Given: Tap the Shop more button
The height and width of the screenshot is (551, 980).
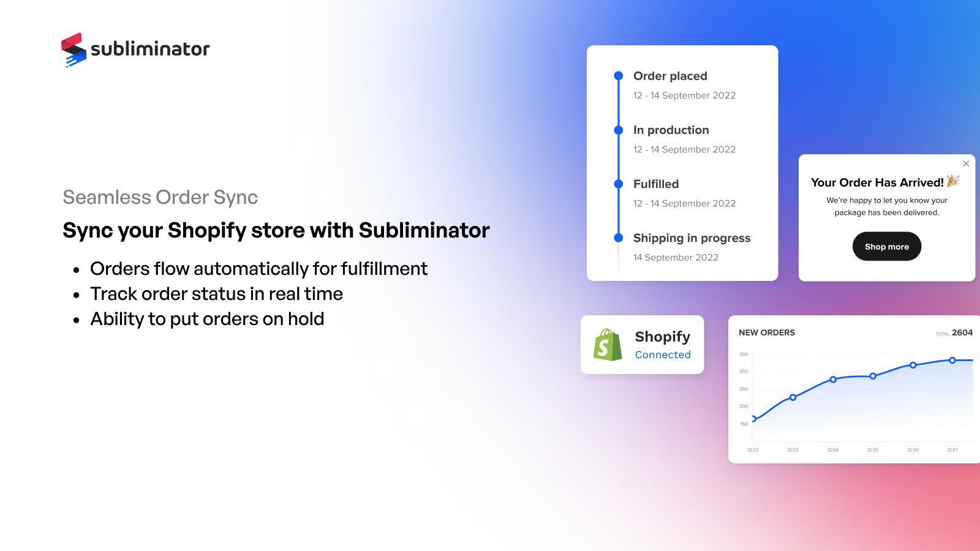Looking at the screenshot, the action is pos(887,247).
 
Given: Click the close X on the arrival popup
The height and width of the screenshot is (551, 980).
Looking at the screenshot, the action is pos(966,163).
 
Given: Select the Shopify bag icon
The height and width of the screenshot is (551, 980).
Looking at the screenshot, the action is pos(608,345).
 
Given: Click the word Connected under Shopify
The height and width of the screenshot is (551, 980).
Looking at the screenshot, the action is pos(663,354).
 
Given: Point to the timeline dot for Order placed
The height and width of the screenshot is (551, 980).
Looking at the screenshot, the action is pos(619,76).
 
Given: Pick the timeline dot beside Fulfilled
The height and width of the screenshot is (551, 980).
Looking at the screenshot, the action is pos(619,184).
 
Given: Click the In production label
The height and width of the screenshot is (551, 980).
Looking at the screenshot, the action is pos(671,130).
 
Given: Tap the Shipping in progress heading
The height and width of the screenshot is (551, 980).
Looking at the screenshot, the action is pos(692,238).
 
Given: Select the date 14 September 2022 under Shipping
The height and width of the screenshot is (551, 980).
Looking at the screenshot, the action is pos(676,258).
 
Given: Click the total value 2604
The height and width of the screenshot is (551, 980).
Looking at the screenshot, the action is pos(962,333).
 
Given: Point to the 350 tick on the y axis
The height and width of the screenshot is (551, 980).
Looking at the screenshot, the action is pos(744,354).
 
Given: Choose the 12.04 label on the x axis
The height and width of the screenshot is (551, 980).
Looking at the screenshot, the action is pos(832,450).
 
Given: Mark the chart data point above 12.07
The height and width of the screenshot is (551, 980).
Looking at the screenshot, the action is pos(952,361).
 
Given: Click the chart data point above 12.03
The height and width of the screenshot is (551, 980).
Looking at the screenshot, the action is pos(793,397).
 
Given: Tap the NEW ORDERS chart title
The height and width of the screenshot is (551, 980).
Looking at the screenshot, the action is pos(767,333).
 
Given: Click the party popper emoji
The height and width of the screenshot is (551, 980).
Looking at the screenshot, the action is pos(953,181).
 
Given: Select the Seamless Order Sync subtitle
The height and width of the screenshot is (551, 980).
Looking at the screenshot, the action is pos(160,197).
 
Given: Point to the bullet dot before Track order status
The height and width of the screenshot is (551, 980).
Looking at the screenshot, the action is pos(77,295).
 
